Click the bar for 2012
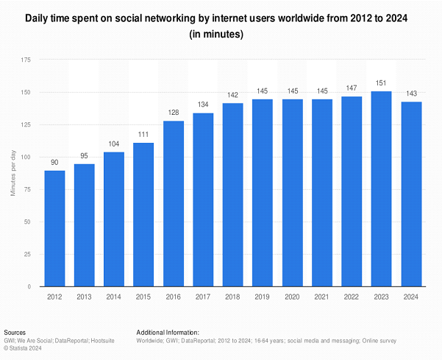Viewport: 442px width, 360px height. click(54, 228)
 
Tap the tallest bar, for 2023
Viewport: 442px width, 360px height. click(381, 188)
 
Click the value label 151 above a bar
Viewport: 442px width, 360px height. click(381, 83)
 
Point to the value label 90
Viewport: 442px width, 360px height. click(54, 163)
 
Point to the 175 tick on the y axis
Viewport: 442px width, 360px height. click(26, 60)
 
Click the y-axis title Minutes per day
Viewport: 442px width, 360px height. click(13, 174)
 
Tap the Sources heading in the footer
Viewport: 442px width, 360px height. click(16, 333)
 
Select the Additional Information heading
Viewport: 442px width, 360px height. click(168, 333)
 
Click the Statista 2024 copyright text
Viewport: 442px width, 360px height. click(24, 348)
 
